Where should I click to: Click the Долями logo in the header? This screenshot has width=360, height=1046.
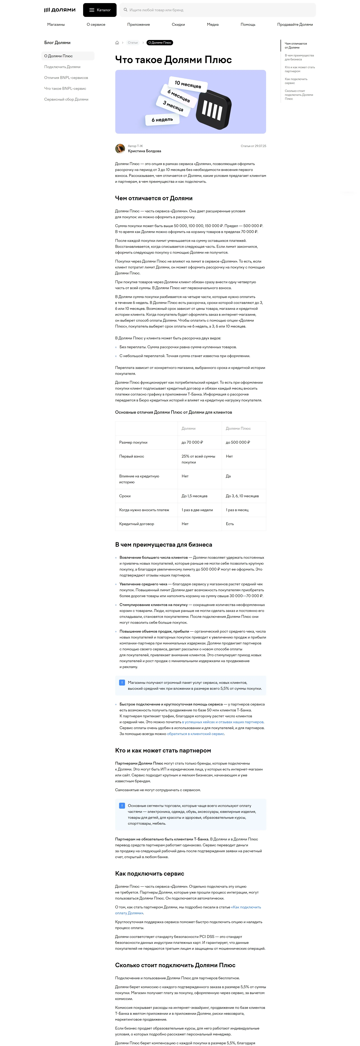pyautogui.click(x=60, y=10)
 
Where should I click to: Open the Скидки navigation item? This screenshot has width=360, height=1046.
pyautogui.click(x=178, y=24)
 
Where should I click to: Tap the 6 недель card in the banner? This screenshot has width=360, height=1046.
pyautogui.click(x=162, y=120)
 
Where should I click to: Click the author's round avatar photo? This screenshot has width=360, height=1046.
pyautogui.click(x=120, y=149)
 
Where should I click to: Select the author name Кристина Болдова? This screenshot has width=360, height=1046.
pyautogui.click(x=144, y=151)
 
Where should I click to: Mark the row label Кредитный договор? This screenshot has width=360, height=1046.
pyautogui.click(x=137, y=524)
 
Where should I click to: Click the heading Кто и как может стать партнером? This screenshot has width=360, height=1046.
pyautogui.click(x=163, y=750)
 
